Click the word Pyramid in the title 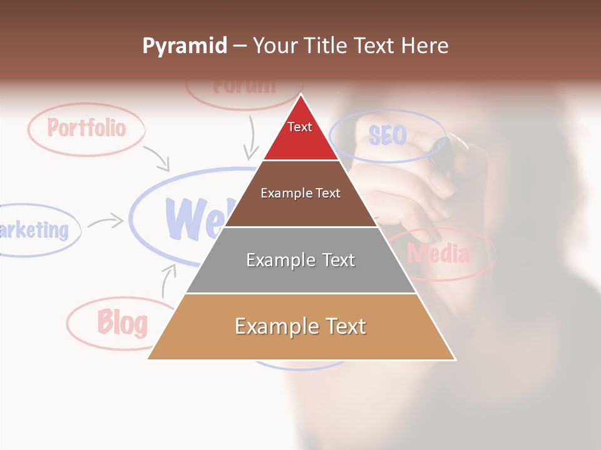pos(184,46)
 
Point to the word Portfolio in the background pos(86,128)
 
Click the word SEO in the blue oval pos(387,135)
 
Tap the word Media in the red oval pos(438,254)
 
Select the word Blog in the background pos(122,322)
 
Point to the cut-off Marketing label pos(34,230)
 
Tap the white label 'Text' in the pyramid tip pos(299,127)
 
